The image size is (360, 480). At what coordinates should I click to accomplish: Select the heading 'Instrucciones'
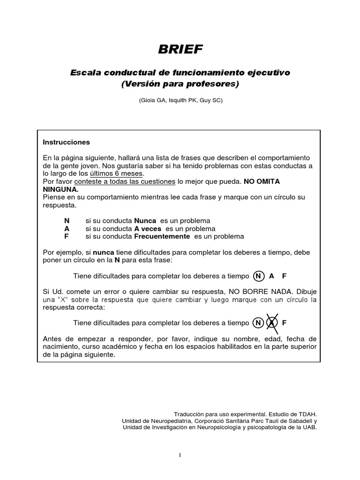(x=66, y=142)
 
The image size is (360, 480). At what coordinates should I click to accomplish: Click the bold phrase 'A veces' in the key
(x=148, y=228)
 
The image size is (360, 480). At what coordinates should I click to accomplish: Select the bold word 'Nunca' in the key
(x=145, y=221)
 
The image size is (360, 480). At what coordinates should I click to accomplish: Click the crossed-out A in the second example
(x=272, y=322)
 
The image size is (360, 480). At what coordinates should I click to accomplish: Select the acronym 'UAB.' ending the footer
(x=309, y=427)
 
